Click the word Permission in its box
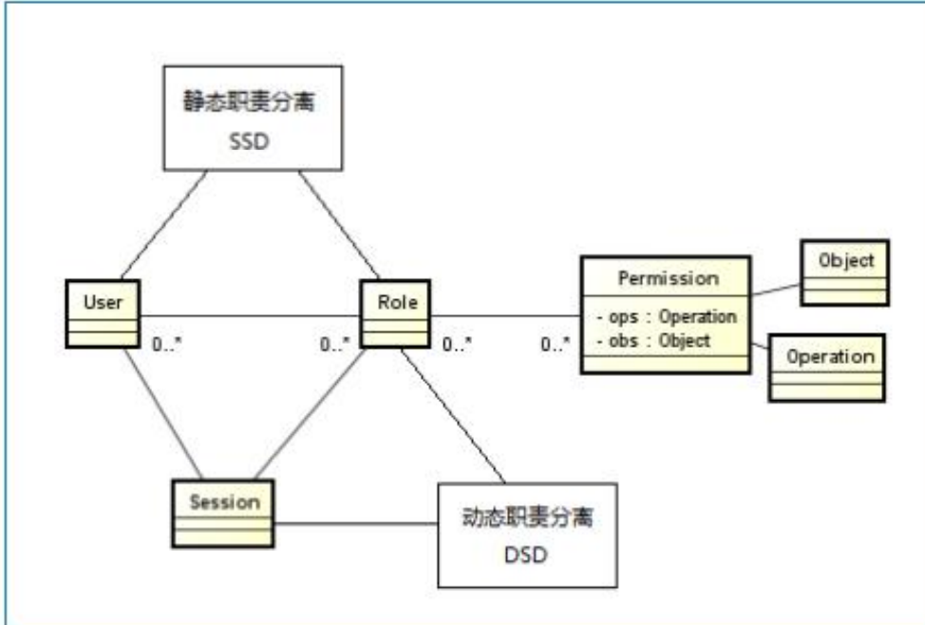[x=668, y=278]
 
